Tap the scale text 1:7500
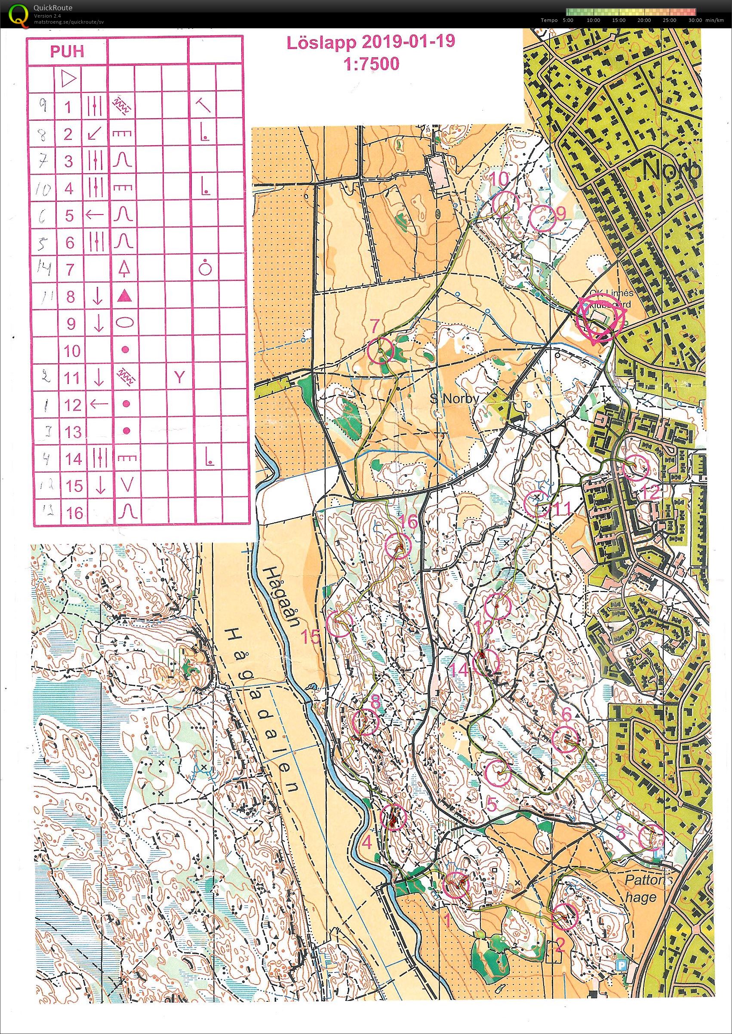tap(371, 64)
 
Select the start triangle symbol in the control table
tap(68, 80)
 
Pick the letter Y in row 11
tap(179, 377)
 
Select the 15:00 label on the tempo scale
tap(618, 20)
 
